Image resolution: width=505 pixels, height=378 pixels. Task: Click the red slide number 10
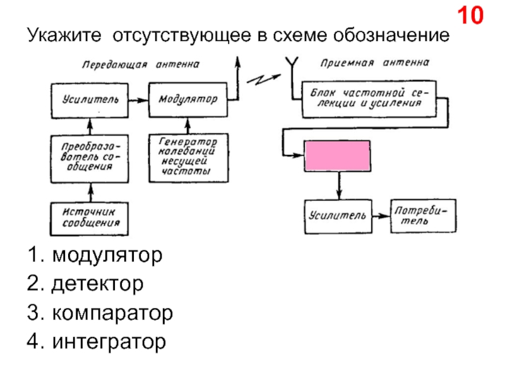[x=470, y=16]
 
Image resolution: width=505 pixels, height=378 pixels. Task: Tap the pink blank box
[x=338, y=156]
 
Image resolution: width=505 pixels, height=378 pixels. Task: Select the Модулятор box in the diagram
[x=187, y=100]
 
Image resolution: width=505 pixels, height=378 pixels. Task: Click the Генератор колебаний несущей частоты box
[x=187, y=157]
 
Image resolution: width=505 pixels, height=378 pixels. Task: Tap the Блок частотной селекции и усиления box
[x=369, y=100]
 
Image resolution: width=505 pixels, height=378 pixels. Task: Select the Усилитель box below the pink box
[x=338, y=216]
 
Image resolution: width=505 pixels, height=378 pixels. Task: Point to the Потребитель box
[x=422, y=216]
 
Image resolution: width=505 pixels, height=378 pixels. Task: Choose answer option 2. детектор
[x=85, y=284]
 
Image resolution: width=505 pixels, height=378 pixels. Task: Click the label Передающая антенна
[x=141, y=64]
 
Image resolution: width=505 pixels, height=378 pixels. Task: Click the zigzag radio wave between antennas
[x=259, y=80]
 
